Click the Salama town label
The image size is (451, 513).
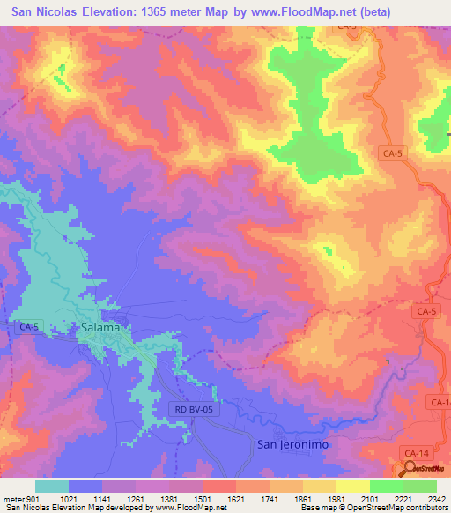point(100,327)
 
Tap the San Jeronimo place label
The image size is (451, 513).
point(292,444)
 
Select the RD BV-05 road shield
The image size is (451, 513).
point(192,409)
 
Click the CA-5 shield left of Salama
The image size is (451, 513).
point(28,327)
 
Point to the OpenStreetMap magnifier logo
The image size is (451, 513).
point(408,468)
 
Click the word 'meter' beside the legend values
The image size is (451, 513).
point(13,498)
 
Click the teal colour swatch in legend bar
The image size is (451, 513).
point(52,486)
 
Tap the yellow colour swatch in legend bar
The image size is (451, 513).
point(352,486)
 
